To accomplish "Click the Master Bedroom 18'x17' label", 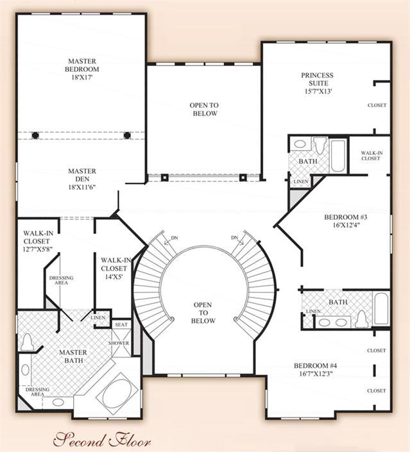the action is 82,69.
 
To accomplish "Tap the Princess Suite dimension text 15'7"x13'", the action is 318,92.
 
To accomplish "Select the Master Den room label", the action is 82,175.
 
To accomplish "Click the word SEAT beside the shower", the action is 121,324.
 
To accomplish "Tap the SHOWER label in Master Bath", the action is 119,343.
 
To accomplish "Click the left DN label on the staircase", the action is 175,238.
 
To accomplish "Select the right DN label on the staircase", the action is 235,237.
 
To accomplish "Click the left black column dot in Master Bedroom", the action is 35,135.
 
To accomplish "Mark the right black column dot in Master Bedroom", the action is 127,135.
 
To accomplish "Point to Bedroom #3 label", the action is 346,217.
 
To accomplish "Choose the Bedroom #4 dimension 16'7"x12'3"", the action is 316,374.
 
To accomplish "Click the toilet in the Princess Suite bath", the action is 320,146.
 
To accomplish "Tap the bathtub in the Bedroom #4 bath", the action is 381,309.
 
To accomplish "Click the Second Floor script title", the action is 102,440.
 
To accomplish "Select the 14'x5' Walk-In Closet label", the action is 115,269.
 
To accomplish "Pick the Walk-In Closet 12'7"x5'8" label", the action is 37,241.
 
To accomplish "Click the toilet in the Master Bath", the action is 27,342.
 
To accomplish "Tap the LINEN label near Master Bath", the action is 98,317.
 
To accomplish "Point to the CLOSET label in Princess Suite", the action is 377,105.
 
